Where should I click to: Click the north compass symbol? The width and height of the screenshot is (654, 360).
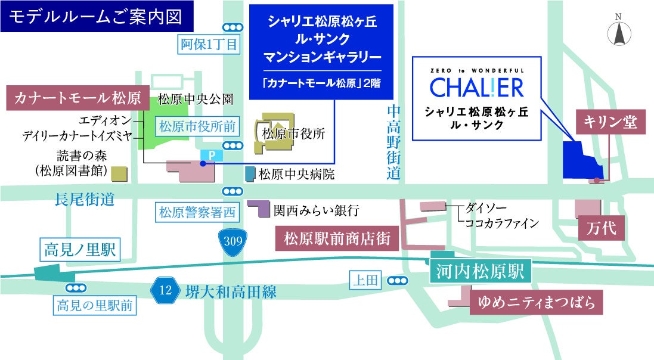pyautogui.click(x=619, y=33)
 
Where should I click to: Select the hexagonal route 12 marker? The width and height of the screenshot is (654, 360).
pyautogui.click(x=166, y=291)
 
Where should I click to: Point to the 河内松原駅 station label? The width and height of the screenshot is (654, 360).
pyautogui.click(x=479, y=272)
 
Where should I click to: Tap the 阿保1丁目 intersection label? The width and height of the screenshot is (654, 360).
pyautogui.click(x=209, y=44)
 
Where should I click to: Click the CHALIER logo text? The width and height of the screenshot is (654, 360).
pyautogui.click(x=476, y=87)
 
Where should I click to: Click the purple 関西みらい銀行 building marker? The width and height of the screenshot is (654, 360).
pyautogui.click(x=261, y=208)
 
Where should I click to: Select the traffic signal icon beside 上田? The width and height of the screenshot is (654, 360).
pyautogui.click(x=398, y=281)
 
